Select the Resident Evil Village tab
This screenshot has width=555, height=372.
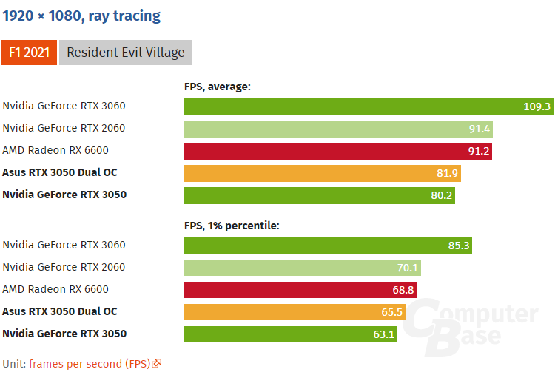point(125,53)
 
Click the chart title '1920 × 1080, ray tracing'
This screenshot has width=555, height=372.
point(81,15)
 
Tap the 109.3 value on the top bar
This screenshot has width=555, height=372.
point(536,106)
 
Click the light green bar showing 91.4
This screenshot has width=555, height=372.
point(338,129)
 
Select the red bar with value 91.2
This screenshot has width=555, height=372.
point(337,151)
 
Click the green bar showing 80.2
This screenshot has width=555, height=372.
point(319,195)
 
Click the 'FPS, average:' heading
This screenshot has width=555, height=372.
point(218,87)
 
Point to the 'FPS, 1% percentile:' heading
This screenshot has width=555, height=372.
point(231,226)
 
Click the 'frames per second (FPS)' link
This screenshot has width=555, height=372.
point(89,363)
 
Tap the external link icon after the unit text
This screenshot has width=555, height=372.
point(157,363)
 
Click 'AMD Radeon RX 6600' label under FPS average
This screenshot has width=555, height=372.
point(55,151)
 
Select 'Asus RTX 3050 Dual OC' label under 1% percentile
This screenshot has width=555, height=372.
point(60,312)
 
